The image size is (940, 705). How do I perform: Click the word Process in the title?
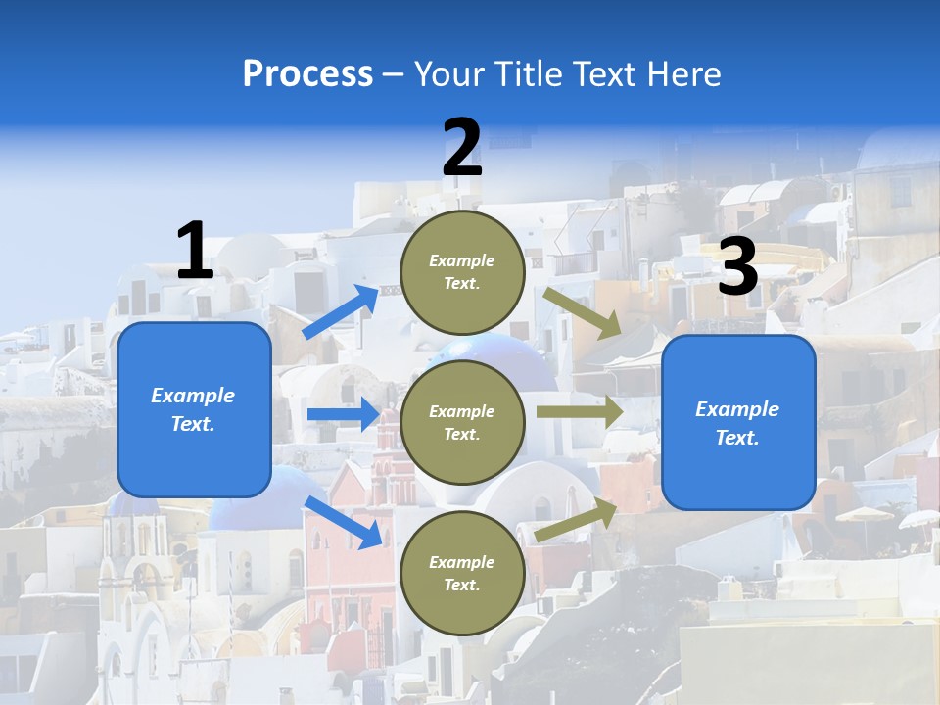point(307,74)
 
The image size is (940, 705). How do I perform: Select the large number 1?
point(194,251)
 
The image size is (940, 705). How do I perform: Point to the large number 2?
point(461,149)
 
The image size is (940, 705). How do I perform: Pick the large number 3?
point(737,267)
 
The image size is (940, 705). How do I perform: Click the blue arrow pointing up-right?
point(341,311)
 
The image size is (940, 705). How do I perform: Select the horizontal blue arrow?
point(342,414)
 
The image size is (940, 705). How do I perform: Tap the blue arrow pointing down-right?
point(343,521)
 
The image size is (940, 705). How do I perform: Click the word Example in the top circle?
point(462,260)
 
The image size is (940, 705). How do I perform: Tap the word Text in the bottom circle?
point(460,585)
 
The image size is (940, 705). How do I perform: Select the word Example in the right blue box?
point(737,409)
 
